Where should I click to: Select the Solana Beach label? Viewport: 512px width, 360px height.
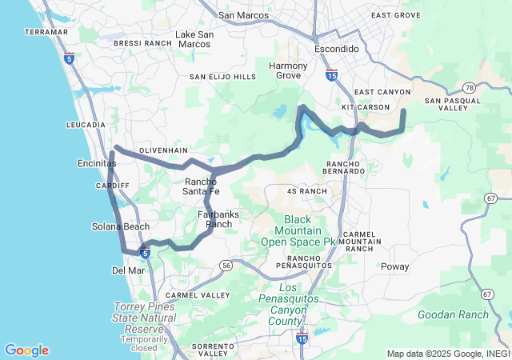(121, 226)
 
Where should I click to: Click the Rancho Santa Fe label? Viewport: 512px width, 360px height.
(196, 186)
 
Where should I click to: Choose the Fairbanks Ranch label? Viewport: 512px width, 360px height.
(218, 219)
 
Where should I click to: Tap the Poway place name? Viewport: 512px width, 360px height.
(394, 266)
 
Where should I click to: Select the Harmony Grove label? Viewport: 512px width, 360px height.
(288, 70)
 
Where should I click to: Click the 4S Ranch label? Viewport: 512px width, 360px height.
(306, 191)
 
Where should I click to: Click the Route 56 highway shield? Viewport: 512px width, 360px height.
(227, 265)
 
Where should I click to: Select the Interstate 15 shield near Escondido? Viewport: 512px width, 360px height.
(331, 75)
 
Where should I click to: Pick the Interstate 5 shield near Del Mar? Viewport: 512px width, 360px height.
(145, 254)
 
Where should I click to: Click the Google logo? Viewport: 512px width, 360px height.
(26, 350)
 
